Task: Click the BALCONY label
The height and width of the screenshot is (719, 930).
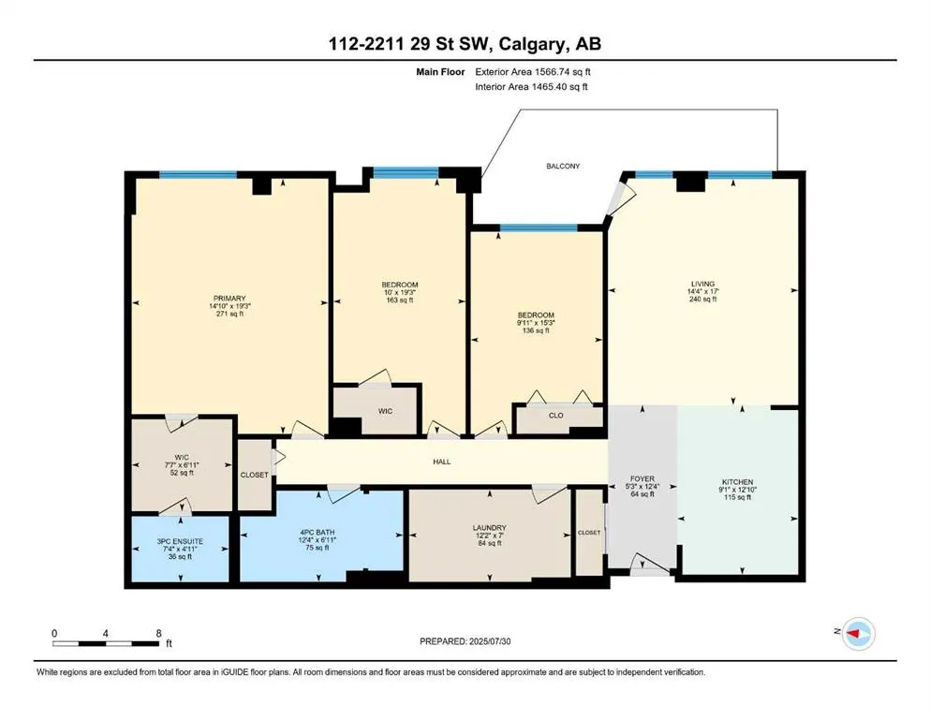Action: [563, 166]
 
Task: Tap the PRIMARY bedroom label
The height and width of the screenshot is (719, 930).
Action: [229, 298]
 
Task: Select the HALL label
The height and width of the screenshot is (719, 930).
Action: [442, 462]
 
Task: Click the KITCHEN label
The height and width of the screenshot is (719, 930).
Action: [737, 482]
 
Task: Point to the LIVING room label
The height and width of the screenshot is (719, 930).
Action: [702, 284]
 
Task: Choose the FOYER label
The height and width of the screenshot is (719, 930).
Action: [642, 478]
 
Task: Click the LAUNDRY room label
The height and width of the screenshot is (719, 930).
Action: [489, 527]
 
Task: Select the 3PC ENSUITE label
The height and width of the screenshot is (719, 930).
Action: [181, 541]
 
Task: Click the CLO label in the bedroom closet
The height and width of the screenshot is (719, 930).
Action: [555, 415]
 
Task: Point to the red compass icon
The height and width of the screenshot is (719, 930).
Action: [858, 633]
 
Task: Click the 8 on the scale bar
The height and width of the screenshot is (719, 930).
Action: [158, 633]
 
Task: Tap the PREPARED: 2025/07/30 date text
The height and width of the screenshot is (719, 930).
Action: [465, 641]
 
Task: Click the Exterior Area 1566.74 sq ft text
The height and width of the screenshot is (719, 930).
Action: [533, 72]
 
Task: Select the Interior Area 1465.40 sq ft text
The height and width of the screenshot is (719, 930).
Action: [531, 86]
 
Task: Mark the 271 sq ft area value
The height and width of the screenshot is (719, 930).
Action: [229, 314]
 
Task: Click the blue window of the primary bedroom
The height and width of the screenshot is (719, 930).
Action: [199, 174]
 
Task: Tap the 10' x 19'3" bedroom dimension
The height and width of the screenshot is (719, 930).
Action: [400, 292]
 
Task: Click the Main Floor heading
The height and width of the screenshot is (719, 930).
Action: [441, 72]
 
